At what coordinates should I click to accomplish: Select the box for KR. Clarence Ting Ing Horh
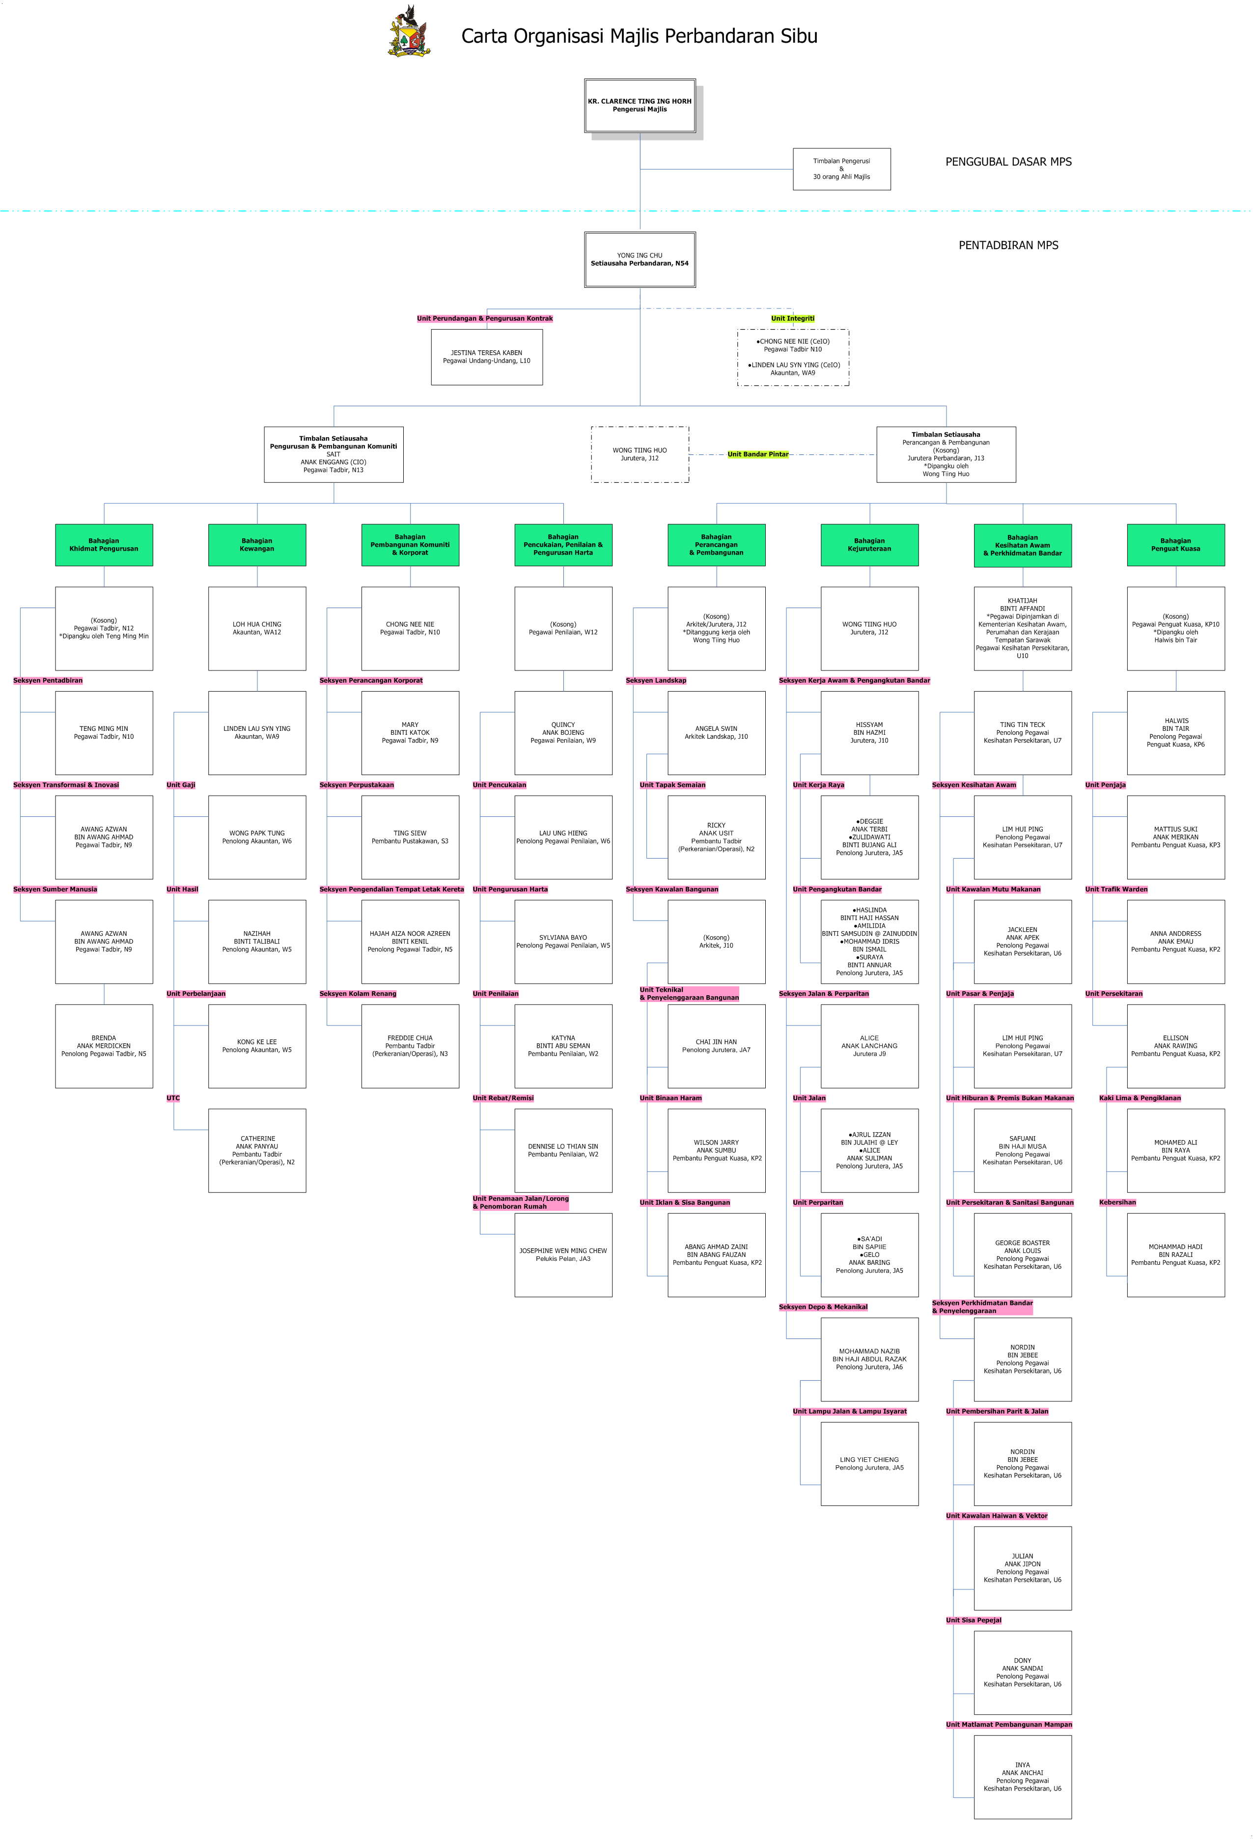(640, 105)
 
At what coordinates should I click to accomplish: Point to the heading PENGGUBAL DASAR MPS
(1008, 162)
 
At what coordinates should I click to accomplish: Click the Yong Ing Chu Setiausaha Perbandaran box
(640, 259)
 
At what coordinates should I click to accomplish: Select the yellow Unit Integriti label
(792, 318)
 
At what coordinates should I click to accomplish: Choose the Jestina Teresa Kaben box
(487, 357)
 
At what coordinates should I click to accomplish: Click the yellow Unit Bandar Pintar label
(757, 454)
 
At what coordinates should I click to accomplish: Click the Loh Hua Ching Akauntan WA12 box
(257, 628)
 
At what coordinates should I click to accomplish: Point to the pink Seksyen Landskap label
(656, 680)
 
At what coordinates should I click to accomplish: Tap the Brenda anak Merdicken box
(104, 1046)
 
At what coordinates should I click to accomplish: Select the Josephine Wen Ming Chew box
(563, 1255)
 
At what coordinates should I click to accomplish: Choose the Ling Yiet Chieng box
(869, 1464)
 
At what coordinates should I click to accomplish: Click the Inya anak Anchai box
(1023, 1777)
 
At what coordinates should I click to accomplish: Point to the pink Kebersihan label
(1117, 1203)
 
